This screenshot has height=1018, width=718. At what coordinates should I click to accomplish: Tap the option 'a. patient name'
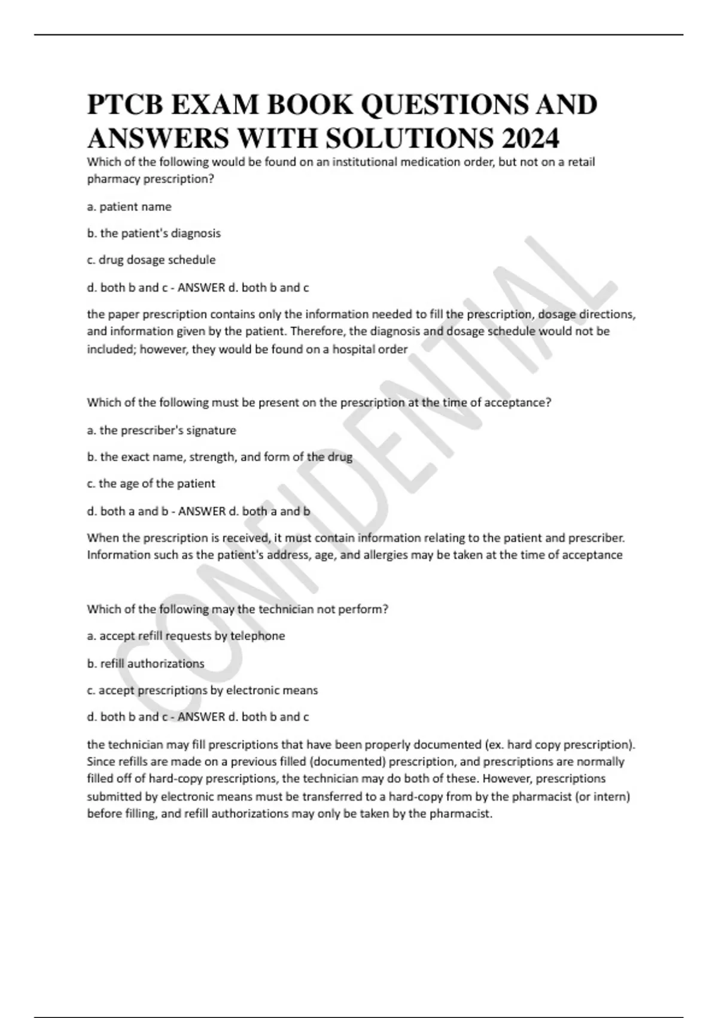[129, 207]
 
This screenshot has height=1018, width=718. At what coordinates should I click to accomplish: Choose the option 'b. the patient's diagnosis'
[154, 234]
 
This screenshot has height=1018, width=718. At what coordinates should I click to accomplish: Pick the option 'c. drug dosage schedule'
[151, 260]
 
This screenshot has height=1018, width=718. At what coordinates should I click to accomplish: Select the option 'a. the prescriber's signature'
[162, 430]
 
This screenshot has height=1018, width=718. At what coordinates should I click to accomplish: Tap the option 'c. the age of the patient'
[151, 483]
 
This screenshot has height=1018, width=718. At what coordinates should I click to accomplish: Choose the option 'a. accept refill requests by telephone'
[186, 636]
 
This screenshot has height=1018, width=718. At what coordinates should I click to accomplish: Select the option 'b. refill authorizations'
[145, 663]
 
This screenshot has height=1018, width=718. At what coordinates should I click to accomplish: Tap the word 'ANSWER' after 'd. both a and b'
[202, 511]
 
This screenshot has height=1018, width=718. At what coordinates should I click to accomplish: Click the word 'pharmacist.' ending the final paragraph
[461, 814]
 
